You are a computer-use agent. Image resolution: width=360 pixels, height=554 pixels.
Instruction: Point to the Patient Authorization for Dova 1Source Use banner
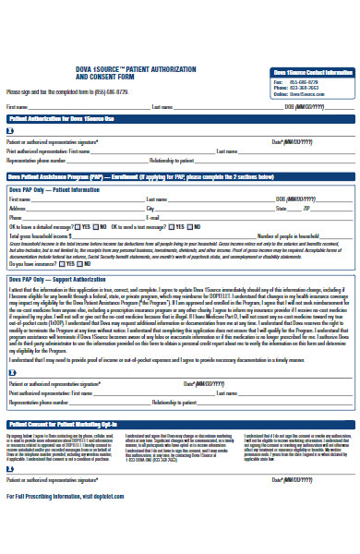click(62, 119)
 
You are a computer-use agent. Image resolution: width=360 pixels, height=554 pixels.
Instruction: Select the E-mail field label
click(153, 217)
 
